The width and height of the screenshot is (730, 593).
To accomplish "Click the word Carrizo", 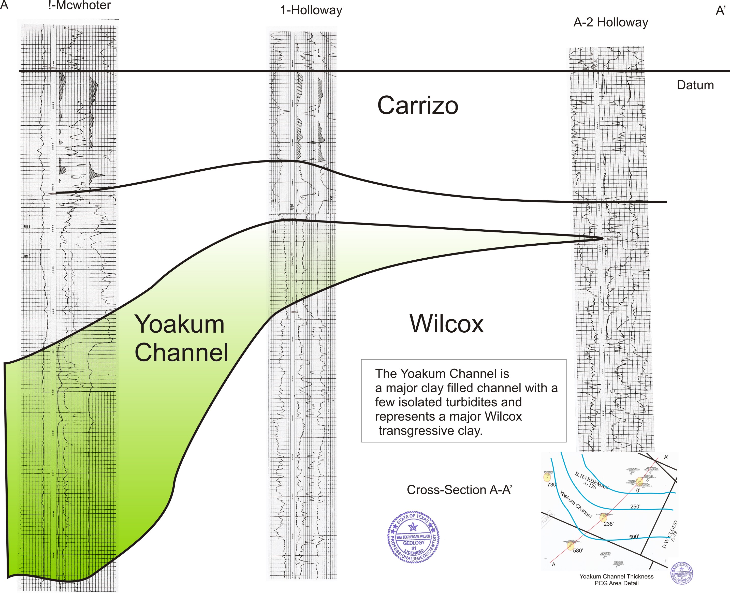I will click(x=417, y=106).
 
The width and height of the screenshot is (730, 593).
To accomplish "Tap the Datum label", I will click(x=695, y=85).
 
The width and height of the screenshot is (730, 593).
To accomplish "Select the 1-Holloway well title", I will click(x=311, y=10).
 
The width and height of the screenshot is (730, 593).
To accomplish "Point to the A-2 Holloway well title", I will click(x=610, y=23).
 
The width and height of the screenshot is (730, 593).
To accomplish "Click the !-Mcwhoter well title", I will click(x=80, y=5).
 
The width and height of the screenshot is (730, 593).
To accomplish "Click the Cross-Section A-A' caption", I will click(x=459, y=490).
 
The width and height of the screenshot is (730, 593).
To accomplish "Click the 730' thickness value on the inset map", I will click(x=552, y=485).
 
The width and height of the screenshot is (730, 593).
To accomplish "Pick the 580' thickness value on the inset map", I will click(x=578, y=551).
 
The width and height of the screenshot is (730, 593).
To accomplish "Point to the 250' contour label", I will click(x=635, y=507).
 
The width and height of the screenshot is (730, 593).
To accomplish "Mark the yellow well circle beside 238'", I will click(x=603, y=518).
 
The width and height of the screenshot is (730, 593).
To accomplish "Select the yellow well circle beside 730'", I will click(x=547, y=477).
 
